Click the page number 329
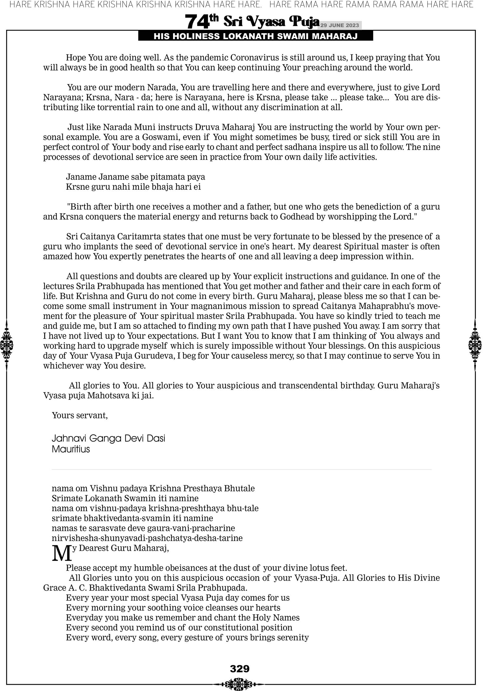(240, 669)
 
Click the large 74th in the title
(201, 22)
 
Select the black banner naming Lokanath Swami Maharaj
(256, 36)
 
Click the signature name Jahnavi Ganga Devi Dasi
(108, 438)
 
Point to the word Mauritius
(71, 449)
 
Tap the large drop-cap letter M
(62, 553)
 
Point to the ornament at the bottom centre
(240, 684)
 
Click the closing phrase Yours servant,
(80, 415)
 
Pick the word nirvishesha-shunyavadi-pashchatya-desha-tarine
(147, 538)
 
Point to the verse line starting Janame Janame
(135, 177)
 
